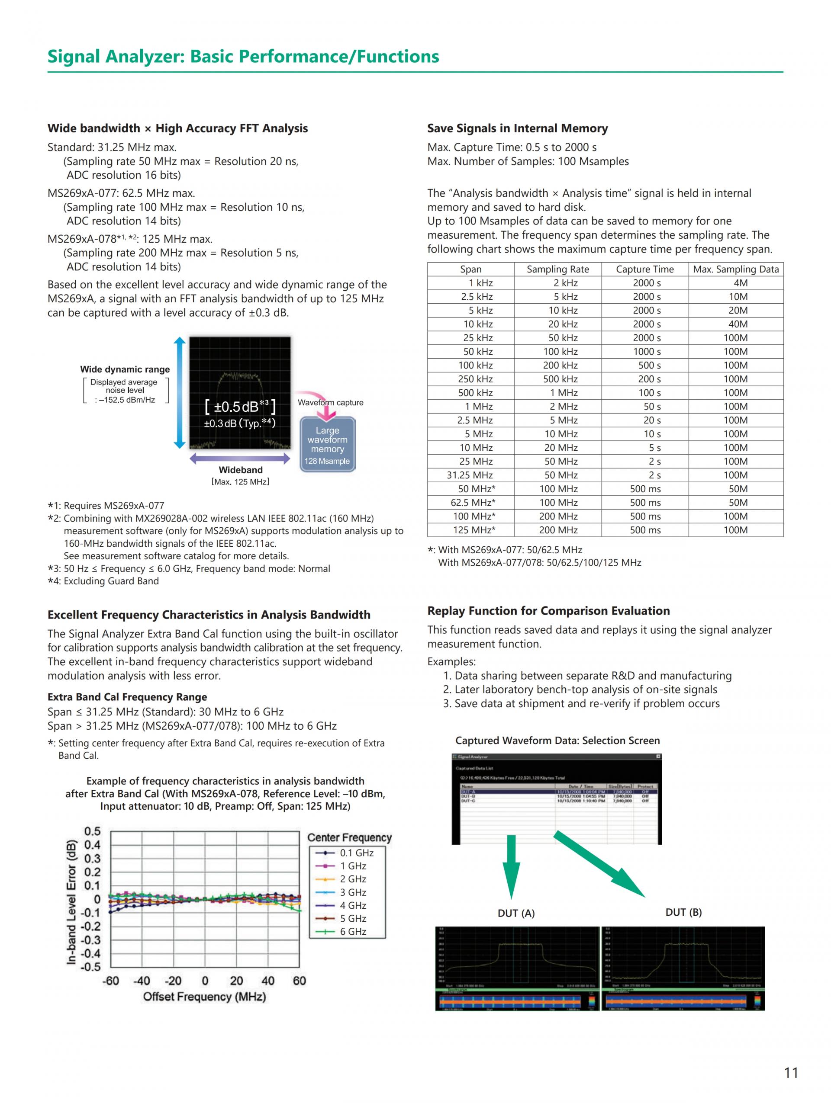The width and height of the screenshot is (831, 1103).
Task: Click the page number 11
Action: pyautogui.click(x=791, y=1073)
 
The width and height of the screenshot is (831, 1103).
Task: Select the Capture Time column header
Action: pyautogui.click(x=644, y=269)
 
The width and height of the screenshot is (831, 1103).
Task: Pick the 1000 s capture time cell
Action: pyautogui.click(x=647, y=352)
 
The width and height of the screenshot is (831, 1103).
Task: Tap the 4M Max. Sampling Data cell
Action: pyautogui.click(x=740, y=283)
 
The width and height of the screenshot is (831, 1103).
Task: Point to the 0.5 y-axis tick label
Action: pyautogui.click(x=92, y=831)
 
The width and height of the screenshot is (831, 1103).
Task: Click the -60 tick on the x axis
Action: pyautogui.click(x=111, y=981)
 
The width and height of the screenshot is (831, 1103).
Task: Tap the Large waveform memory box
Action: pyautogui.click(x=327, y=444)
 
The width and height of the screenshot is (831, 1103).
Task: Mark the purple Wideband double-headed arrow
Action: pyautogui.click(x=240, y=459)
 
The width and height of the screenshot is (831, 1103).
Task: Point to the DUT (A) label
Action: pyautogui.click(x=516, y=913)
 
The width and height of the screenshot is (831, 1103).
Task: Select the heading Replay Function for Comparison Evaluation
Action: pyautogui.click(x=548, y=611)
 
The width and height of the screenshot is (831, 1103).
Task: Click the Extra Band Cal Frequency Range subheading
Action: pyautogui.click(x=127, y=697)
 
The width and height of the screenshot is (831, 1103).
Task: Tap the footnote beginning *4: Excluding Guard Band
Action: pyautogui.click(x=103, y=581)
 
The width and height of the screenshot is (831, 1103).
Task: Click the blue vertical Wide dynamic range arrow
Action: pyautogui.click(x=180, y=393)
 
